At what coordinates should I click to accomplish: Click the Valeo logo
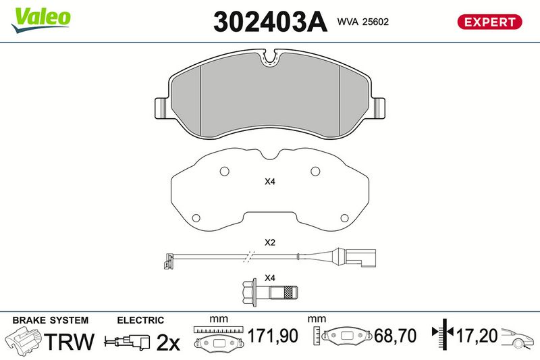(x=40, y=20)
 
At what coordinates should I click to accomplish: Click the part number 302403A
(x=270, y=22)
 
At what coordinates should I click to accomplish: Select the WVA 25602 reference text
(x=363, y=22)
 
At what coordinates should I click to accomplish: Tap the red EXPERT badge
(x=489, y=22)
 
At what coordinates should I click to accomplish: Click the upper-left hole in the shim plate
(x=225, y=171)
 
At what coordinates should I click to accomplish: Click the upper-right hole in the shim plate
(x=315, y=171)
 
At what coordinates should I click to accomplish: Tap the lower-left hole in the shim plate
(x=196, y=218)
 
